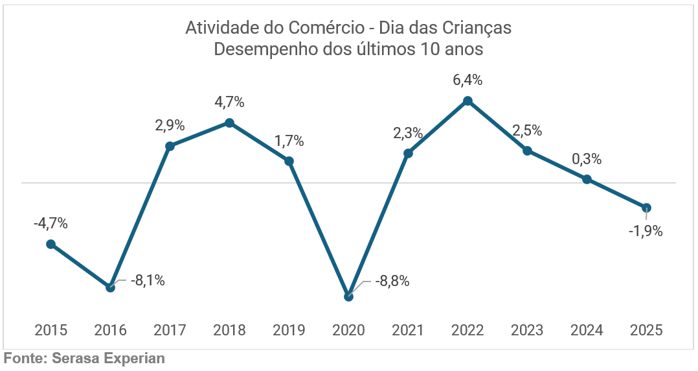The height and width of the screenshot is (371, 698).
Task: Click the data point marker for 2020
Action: [x=349, y=296]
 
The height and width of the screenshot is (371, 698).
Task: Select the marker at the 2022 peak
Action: [x=468, y=101]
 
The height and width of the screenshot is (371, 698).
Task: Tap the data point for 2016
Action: [x=111, y=287]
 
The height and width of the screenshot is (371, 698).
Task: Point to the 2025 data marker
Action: [x=646, y=208]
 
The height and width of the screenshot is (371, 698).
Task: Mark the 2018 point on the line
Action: [x=229, y=122]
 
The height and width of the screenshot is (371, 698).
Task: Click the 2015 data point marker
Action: [x=51, y=244]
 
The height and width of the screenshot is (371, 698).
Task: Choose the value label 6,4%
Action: [x=468, y=80]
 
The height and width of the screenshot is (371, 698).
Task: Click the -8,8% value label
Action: [x=392, y=282]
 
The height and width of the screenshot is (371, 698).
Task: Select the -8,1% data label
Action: [x=148, y=281]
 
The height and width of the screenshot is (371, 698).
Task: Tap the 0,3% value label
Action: [x=587, y=159]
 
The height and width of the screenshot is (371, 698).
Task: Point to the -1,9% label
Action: [x=646, y=231]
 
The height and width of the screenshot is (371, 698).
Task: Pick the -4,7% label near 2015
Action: [x=51, y=224]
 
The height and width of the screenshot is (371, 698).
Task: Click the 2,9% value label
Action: [x=170, y=126]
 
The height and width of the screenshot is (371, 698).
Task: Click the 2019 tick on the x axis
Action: [x=289, y=330]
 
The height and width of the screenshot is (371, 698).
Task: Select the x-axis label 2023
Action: [x=527, y=330]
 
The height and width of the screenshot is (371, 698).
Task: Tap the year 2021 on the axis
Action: [x=408, y=330]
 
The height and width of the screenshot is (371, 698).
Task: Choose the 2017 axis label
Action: [x=170, y=330]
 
